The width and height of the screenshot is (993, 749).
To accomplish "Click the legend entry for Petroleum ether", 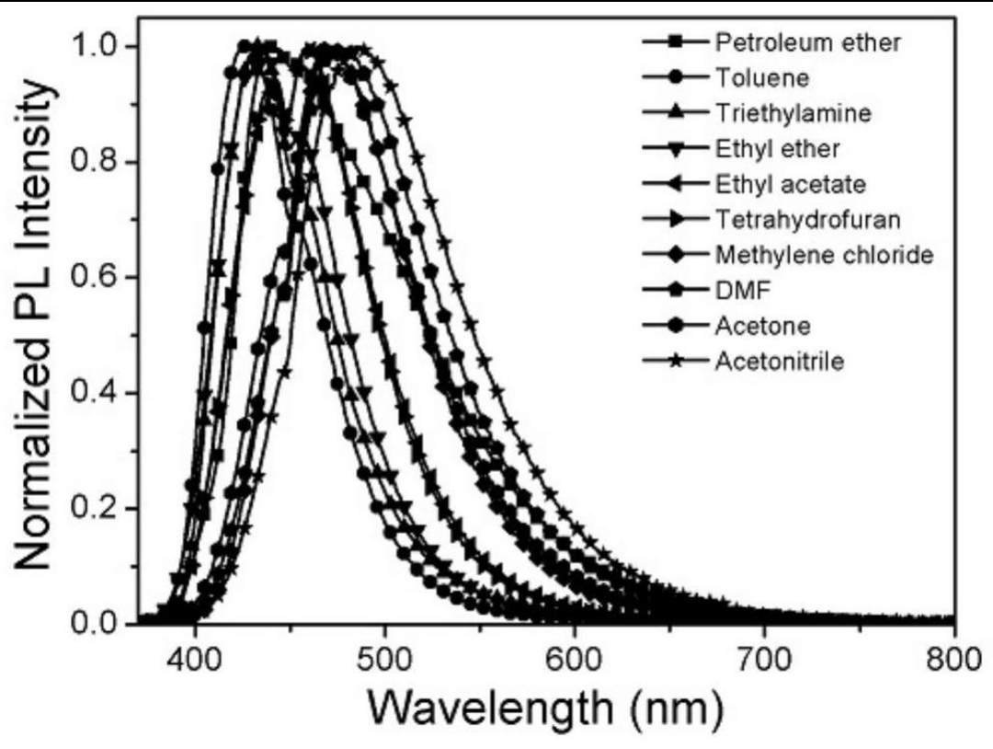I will tap(797, 41).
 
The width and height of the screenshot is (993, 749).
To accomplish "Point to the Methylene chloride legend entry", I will tap(824, 254).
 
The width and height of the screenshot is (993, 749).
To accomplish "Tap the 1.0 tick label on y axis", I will tap(104, 46).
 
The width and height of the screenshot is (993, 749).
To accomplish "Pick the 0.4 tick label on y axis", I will tap(104, 393).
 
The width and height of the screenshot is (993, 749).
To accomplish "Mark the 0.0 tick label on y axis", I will tap(104, 624).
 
